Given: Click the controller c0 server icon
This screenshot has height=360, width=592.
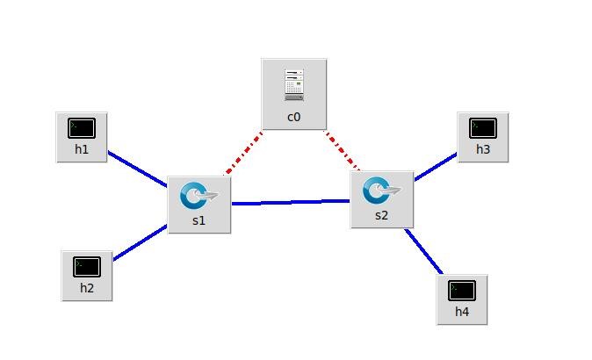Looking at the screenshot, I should [x=293, y=86].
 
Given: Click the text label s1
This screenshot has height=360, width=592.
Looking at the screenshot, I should [x=199, y=220].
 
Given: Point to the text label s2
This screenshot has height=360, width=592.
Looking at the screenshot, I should [x=381, y=214].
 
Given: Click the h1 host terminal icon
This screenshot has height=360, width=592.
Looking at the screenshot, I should [x=82, y=129].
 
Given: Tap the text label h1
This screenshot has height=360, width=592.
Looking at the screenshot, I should [x=82, y=149].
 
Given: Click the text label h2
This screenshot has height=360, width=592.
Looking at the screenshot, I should [x=87, y=287].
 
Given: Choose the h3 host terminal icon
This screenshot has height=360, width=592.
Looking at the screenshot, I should [x=483, y=128].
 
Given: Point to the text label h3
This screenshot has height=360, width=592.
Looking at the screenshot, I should [x=483, y=149].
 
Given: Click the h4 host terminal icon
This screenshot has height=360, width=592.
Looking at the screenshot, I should [x=462, y=291].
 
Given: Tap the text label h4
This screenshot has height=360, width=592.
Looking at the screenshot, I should [x=462, y=312].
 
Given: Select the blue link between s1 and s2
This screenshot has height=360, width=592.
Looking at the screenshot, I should [x=290, y=202].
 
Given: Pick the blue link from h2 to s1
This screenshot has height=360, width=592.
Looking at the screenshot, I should [x=139, y=243].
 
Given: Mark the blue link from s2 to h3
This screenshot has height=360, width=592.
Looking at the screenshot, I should [x=436, y=168].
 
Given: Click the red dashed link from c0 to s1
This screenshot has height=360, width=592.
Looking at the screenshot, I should [x=244, y=154].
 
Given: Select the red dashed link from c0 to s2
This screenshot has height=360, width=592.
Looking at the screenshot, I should [x=342, y=151].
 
